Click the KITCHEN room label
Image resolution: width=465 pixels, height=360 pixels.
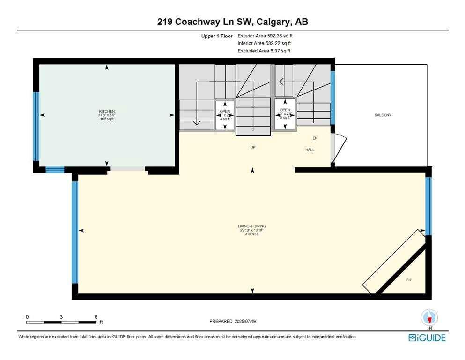(x=106, y=111)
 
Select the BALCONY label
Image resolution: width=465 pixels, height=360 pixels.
(x=383, y=115)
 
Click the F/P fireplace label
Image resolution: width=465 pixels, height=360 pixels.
(x=408, y=280)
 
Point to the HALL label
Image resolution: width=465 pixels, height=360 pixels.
(x=310, y=150)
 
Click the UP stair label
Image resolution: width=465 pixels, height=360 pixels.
(x=252, y=147)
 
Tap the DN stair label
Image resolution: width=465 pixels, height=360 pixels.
(x=315, y=138)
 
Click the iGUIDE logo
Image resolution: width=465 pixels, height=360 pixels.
(x=427, y=337)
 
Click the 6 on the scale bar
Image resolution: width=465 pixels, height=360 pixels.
(x=96, y=317)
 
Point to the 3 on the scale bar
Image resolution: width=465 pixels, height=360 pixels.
(x=61, y=317)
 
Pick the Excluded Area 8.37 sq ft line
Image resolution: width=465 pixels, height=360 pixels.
(x=264, y=51)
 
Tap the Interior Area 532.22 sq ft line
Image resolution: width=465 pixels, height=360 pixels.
(x=265, y=43)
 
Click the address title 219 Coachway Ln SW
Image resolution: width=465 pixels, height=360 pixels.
(x=232, y=22)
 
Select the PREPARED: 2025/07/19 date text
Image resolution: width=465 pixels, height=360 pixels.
(x=232, y=321)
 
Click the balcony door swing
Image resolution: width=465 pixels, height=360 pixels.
(x=338, y=148)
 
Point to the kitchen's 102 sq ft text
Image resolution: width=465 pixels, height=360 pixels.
(x=106, y=119)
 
